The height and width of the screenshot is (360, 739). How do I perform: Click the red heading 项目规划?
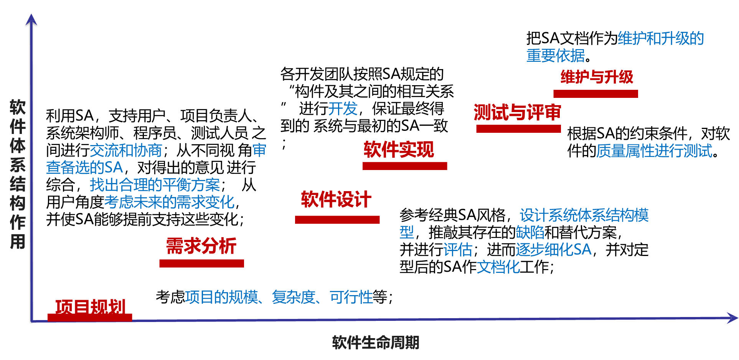(x=91, y=307)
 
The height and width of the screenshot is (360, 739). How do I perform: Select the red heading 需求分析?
(x=201, y=246)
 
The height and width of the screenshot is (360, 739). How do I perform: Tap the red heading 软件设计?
(x=336, y=200)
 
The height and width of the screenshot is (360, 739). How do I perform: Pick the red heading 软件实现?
(x=399, y=149)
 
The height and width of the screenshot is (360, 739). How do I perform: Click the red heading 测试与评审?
(x=517, y=112)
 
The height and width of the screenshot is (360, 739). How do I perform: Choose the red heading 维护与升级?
(x=597, y=77)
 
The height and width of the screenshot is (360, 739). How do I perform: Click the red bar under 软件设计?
(x=337, y=220)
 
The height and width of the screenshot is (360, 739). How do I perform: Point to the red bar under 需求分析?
(x=201, y=263)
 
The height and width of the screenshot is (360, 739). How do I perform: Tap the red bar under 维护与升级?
(x=595, y=94)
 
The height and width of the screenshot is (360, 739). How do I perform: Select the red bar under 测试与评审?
(x=518, y=129)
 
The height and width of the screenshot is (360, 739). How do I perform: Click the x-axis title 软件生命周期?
(x=375, y=342)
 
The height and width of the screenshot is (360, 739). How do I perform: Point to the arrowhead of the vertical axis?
(x=31, y=19)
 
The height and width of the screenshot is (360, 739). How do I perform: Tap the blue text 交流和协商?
(x=126, y=150)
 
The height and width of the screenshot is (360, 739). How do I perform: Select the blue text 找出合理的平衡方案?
(x=155, y=185)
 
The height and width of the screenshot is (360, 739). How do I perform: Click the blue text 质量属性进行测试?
(x=654, y=151)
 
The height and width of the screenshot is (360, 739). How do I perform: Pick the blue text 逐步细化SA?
(x=553, y=249)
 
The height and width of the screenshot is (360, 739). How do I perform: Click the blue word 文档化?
(x=498, y=267)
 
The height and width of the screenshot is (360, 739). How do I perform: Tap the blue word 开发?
(x=343, y=109)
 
